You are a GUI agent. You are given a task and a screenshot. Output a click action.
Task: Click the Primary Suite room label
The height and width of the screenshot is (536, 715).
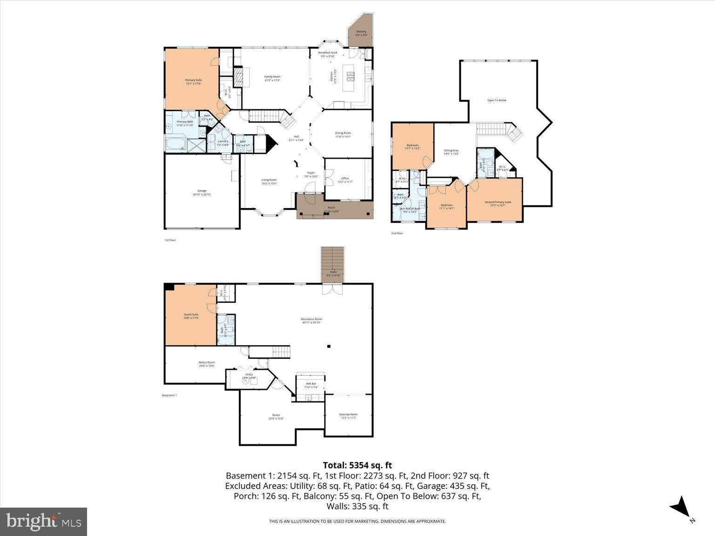click(193, 82)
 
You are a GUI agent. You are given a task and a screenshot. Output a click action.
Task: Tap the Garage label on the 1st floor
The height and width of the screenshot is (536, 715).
click(202, 192)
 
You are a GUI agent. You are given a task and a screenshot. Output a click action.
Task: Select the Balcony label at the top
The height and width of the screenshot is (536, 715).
click(361, 33)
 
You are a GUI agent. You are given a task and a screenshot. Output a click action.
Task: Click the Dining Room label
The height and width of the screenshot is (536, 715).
click(343, 135)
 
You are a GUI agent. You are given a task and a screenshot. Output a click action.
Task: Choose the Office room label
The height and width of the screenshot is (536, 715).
click(345, 180)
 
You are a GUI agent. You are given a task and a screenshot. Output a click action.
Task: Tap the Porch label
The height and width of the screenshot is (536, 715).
click(331, 209)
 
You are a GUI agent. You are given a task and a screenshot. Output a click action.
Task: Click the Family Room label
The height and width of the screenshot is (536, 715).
click(272, 78)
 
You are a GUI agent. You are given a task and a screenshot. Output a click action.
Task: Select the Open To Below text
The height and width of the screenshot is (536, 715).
click(497, 100)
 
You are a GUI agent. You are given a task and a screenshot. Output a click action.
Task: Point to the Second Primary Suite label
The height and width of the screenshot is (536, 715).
click(498, 203)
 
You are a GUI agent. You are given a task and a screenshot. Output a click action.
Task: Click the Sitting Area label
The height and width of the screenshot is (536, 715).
click(451, 152)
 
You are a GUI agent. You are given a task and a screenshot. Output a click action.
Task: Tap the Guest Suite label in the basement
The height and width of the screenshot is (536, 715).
click(191, 316)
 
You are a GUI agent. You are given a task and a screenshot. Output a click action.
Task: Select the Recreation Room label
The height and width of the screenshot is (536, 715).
click(311, 321)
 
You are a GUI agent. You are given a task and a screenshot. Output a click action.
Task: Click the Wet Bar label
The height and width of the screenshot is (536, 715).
click(310, 385)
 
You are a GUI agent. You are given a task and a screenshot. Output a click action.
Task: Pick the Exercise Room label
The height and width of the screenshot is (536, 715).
click(348, 415)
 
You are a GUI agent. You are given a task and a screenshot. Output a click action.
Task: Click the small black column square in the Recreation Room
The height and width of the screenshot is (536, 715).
click(329, 346)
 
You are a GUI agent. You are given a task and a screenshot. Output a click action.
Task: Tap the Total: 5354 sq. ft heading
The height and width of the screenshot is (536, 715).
click(357, 465)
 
